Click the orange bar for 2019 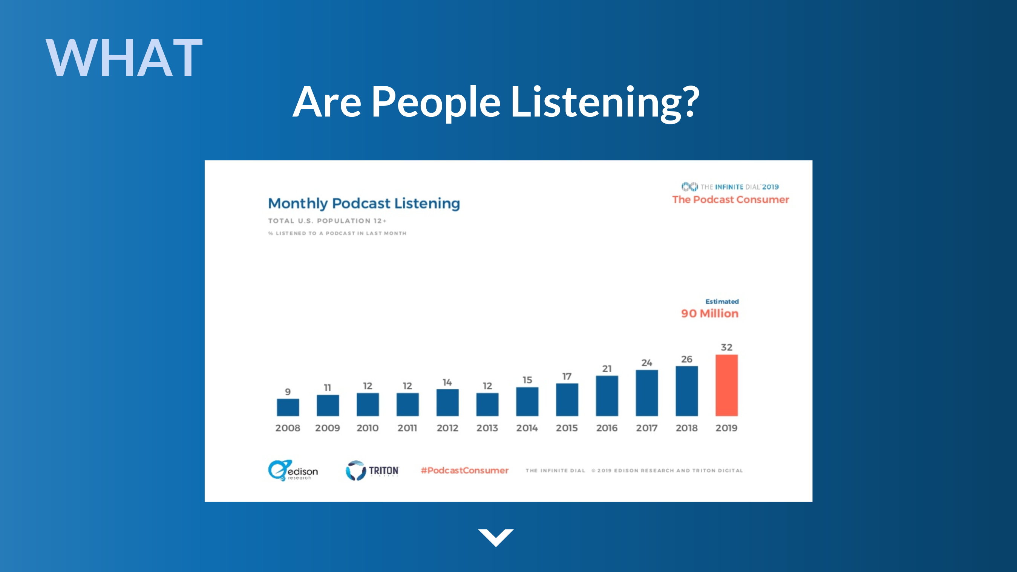(x=726, y=385)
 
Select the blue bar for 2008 (x=288, y=407)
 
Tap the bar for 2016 (x=607, y=396)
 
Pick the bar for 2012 (x=447, y=403)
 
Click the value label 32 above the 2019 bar (x=726, y=347)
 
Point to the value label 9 (x=288, y=392)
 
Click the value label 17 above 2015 (x=567, y=376)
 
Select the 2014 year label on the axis (x=527, y=428)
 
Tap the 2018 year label (x=686, y=428)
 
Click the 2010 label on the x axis (x=368, y=428)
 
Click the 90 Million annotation (x=709, y=314)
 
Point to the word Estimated (x=722, y=301)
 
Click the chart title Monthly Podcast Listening (x=364, y=203)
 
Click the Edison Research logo (x=293, y=470)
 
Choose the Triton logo (x=372, y=470)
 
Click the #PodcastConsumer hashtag (x=465, y=471)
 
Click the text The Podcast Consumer (x=731, y=200)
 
